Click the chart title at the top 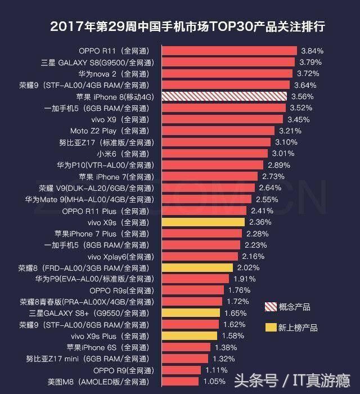[x=187, y=26]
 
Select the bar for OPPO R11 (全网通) [x=229, y=51]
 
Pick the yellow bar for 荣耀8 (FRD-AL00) [x=197, y=268]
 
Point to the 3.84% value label [x=312, y=51]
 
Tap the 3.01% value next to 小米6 [x=283, y=153]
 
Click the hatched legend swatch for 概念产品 [x=271, y=307]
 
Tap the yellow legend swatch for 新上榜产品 [x=271, y=328]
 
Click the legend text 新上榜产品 [x=298, y=328]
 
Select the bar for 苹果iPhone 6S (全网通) [x=186, y=347]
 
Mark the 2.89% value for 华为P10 [x=279, y=165]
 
